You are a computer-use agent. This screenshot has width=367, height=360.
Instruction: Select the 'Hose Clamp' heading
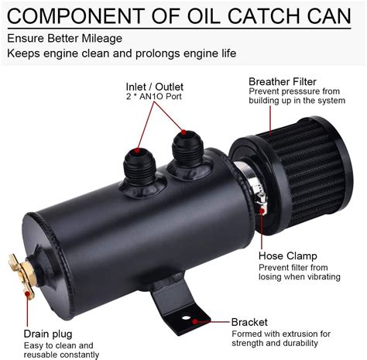pos(286,256)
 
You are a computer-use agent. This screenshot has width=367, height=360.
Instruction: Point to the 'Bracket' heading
pos(249,321)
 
